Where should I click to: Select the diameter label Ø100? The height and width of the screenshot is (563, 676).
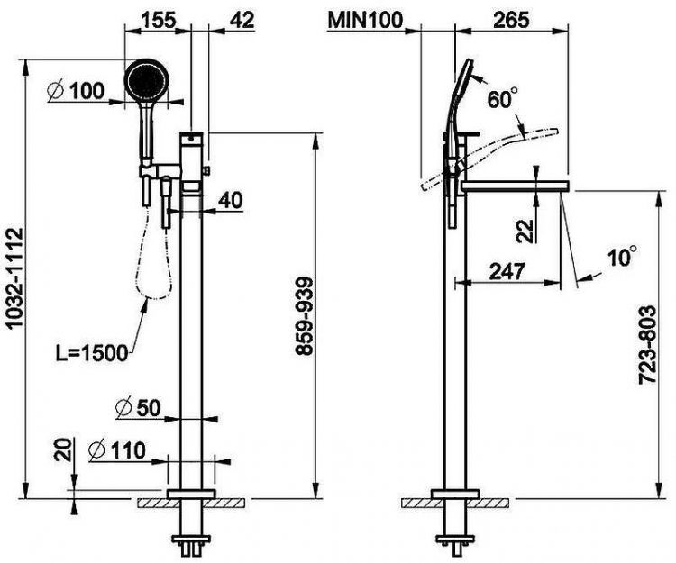[75, 90]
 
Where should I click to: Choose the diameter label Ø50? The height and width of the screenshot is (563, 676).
[138, 407]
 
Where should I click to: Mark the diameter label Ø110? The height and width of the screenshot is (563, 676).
[123, 448]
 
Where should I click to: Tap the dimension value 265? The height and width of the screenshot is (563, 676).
[509, 17]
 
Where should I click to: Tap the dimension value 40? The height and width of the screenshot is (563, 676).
[231, 200]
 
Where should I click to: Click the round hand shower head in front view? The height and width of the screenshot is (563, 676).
[146, 81]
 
